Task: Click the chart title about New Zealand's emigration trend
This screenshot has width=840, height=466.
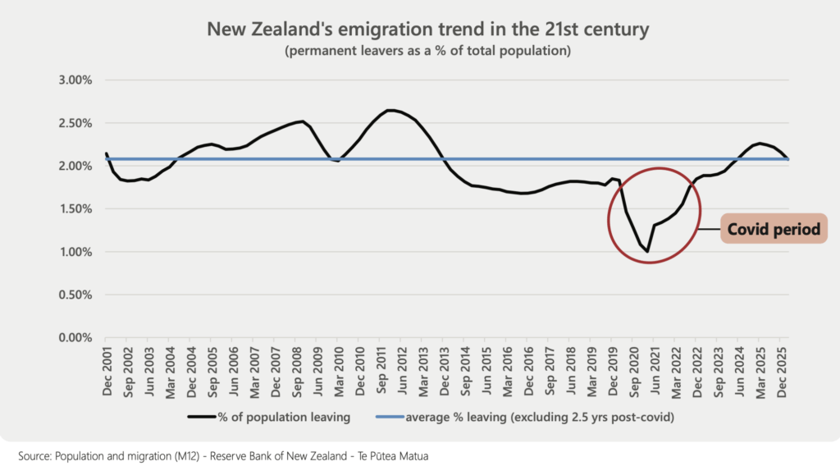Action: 427,29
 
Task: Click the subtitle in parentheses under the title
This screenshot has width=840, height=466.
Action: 427,51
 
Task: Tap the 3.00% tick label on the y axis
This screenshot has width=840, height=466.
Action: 75,80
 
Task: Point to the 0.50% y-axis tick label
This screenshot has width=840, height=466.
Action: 75,295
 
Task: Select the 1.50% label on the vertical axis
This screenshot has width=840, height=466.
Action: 75,209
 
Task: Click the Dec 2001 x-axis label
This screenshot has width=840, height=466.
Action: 107,371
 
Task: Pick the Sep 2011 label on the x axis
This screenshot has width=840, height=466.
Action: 381,370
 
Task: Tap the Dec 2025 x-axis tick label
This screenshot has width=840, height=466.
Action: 782,372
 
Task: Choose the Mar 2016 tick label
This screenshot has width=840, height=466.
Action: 507,372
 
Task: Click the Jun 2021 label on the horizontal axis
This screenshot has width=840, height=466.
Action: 655,371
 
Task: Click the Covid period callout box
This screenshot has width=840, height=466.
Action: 774,229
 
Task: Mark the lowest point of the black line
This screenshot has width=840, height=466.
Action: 648,251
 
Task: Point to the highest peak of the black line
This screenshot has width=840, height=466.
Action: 390,110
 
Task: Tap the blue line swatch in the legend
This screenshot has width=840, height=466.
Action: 390,417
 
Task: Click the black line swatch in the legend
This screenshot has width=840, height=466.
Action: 202,417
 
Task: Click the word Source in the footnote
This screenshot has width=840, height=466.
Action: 34,456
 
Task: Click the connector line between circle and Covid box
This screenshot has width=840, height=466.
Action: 710,229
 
